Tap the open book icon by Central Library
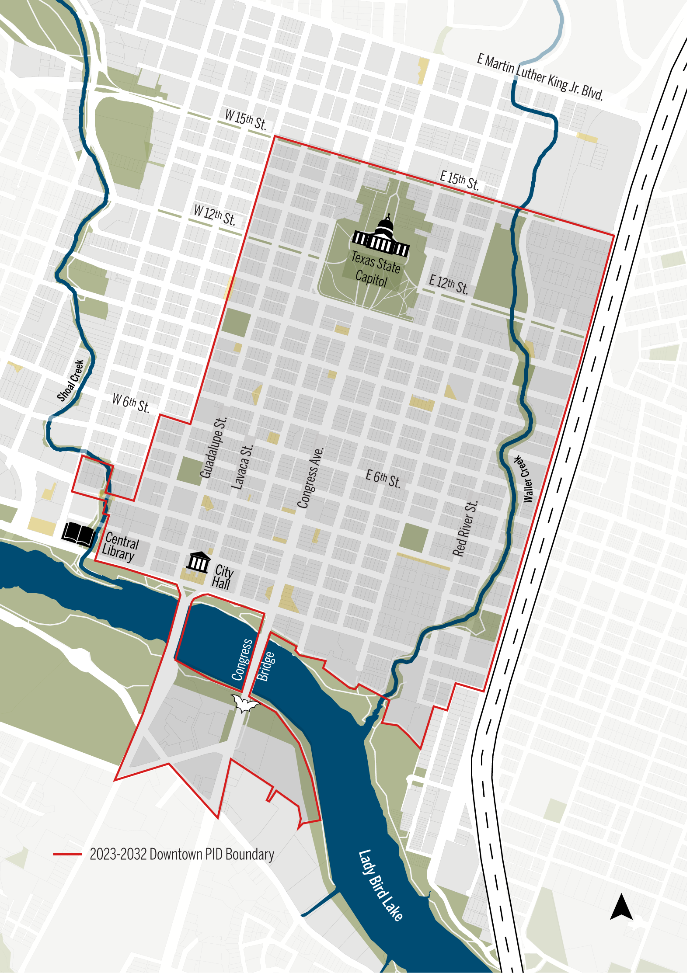pyautogui.click(x=78, y=534)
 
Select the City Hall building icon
pyautogui.click(x=199, y=563)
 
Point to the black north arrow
pyautogui.click(x=621, y=907)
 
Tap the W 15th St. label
pyautogui.click(x=246, y=120)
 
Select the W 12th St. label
pyautogui.click(x=215, y=215)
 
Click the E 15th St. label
pyautogui.click(x=459, y=181)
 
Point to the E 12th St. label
pyautogui.click(x=449, y=284)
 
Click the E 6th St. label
pyautogui.click(x=383, y=478)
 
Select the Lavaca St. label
pyautogui.click(x=242, y=467)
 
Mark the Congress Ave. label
pyautogui.click(x=310, y=477)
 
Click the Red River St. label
pyautogui.click(x=465, y=528)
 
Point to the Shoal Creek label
pyautogui.click(x=71, y=380)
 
